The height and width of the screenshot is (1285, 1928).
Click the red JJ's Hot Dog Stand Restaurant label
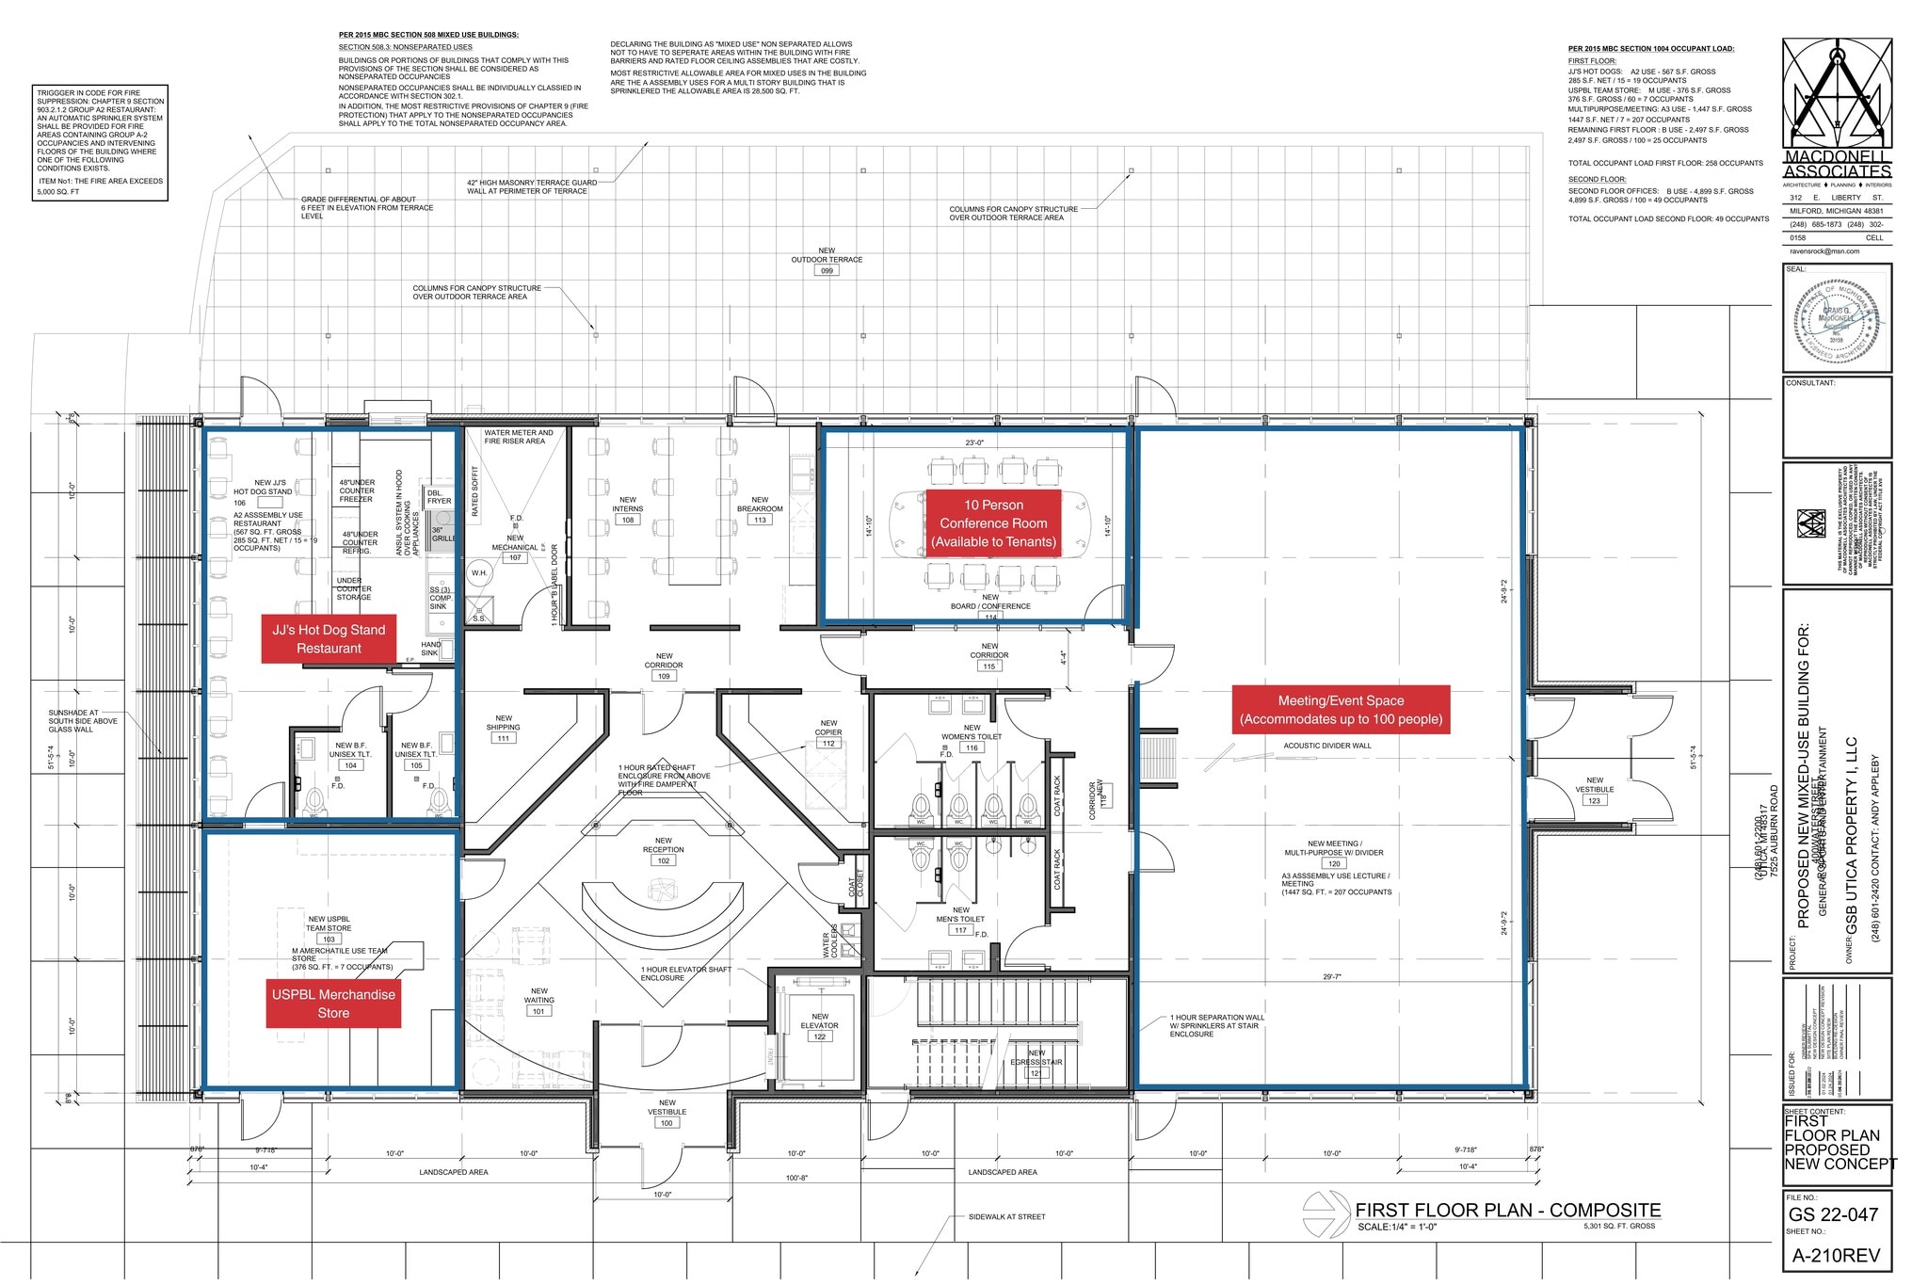click(329, 639)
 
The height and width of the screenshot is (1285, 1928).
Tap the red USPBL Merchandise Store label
click(333, 1004)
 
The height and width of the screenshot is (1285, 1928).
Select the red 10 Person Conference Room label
click(993, 523)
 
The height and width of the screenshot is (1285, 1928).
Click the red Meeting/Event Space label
click(1341, 710)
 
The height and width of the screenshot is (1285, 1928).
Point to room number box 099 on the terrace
click(827, 270)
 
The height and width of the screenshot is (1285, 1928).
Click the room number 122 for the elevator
click(819, 1036)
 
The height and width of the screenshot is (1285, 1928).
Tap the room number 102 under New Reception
click(664, 860)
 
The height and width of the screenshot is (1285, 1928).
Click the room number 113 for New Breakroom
click(760, 520)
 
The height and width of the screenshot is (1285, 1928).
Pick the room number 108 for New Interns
click(628, 520)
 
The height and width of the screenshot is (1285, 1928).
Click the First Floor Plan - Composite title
click(1507, 1211)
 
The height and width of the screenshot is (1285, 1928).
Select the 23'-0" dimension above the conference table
click(973, 442)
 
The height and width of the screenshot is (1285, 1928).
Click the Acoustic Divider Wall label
click(1327, 746)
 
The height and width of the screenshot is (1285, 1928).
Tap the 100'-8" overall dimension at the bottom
click(796, 1178)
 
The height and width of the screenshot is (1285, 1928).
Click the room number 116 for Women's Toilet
click(972, 747)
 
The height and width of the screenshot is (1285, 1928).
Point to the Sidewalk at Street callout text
click(1006, 1216)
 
